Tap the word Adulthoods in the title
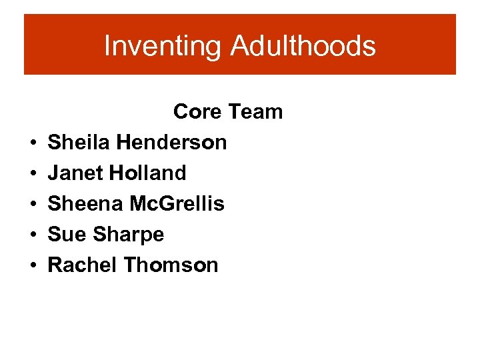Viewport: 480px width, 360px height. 303,47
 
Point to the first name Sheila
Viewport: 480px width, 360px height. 79,142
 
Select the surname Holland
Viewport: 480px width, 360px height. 148,173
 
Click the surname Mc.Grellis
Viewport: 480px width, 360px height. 177,203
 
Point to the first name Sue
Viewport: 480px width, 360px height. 67,234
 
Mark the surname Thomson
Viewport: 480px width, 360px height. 171,265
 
